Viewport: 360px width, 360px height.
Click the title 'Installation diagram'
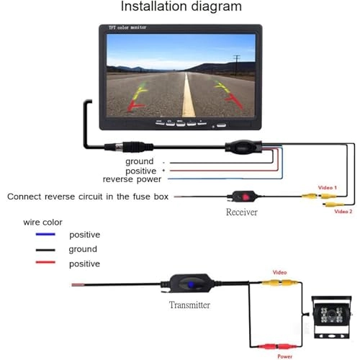click(181, 8)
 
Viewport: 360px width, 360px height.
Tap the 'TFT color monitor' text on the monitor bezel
click(127, 28)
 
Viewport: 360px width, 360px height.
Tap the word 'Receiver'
click(241, 212)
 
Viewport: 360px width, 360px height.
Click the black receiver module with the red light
click(241, 197)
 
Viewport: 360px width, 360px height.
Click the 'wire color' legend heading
click(42, 222)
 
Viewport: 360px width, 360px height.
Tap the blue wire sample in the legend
click(45, 235)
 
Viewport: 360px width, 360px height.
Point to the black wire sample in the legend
click(45, 250)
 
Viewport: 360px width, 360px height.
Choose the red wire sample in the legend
click(45, 264)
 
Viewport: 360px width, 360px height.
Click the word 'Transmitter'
click(189, 305)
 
